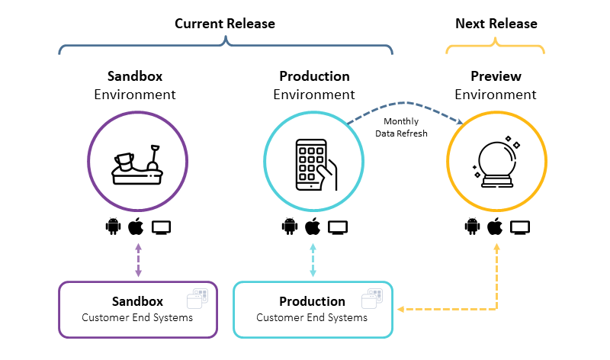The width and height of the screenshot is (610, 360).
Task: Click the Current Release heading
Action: (225, 24)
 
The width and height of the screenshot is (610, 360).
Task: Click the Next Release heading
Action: (496, 24)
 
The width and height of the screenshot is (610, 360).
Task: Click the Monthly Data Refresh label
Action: (401, 127)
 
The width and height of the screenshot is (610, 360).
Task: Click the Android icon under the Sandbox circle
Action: (114, 227)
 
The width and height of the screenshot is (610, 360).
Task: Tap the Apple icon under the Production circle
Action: (312, 227)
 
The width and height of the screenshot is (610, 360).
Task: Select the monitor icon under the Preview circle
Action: (520, 227)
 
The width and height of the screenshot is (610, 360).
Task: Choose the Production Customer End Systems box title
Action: (312, 301)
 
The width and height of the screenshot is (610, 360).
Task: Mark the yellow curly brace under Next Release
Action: (496, 48)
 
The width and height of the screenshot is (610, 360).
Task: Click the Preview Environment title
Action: (496, 85)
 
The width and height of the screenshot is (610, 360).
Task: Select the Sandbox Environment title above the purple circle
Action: (135, 85)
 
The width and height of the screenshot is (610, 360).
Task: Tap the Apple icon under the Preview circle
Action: (495, 227)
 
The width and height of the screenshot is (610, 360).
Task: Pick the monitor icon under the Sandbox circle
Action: (162, 227)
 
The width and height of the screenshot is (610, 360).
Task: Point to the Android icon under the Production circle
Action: (289, 227)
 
